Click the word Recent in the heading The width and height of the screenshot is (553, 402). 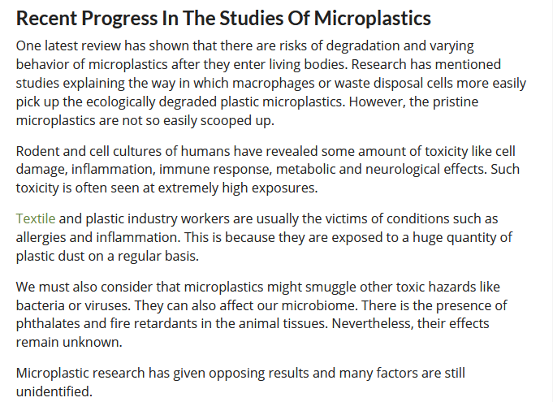tap(46, 19)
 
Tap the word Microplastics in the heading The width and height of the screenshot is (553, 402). tap(373, 19)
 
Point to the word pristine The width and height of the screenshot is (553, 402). tap(456, 102)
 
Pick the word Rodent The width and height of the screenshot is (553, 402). tap(37, 151)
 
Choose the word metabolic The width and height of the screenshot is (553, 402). tap(305, 169)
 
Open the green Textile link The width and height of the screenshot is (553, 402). tap(36, 218)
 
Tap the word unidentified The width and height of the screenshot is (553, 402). tap(54, 391)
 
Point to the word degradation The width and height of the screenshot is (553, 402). tap(363, 46)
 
